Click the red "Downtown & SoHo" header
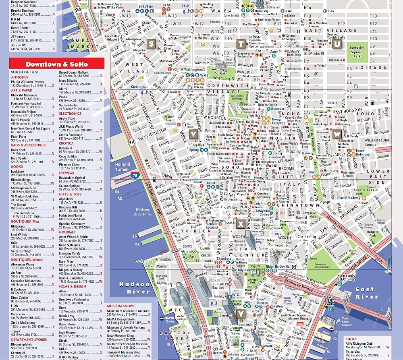pos(56,64)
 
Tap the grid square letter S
pos(152,44)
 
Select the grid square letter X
pos(241,224)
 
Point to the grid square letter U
pos(336,44)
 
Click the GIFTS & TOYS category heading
pos(70,194)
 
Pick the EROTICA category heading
pos(66,143)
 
